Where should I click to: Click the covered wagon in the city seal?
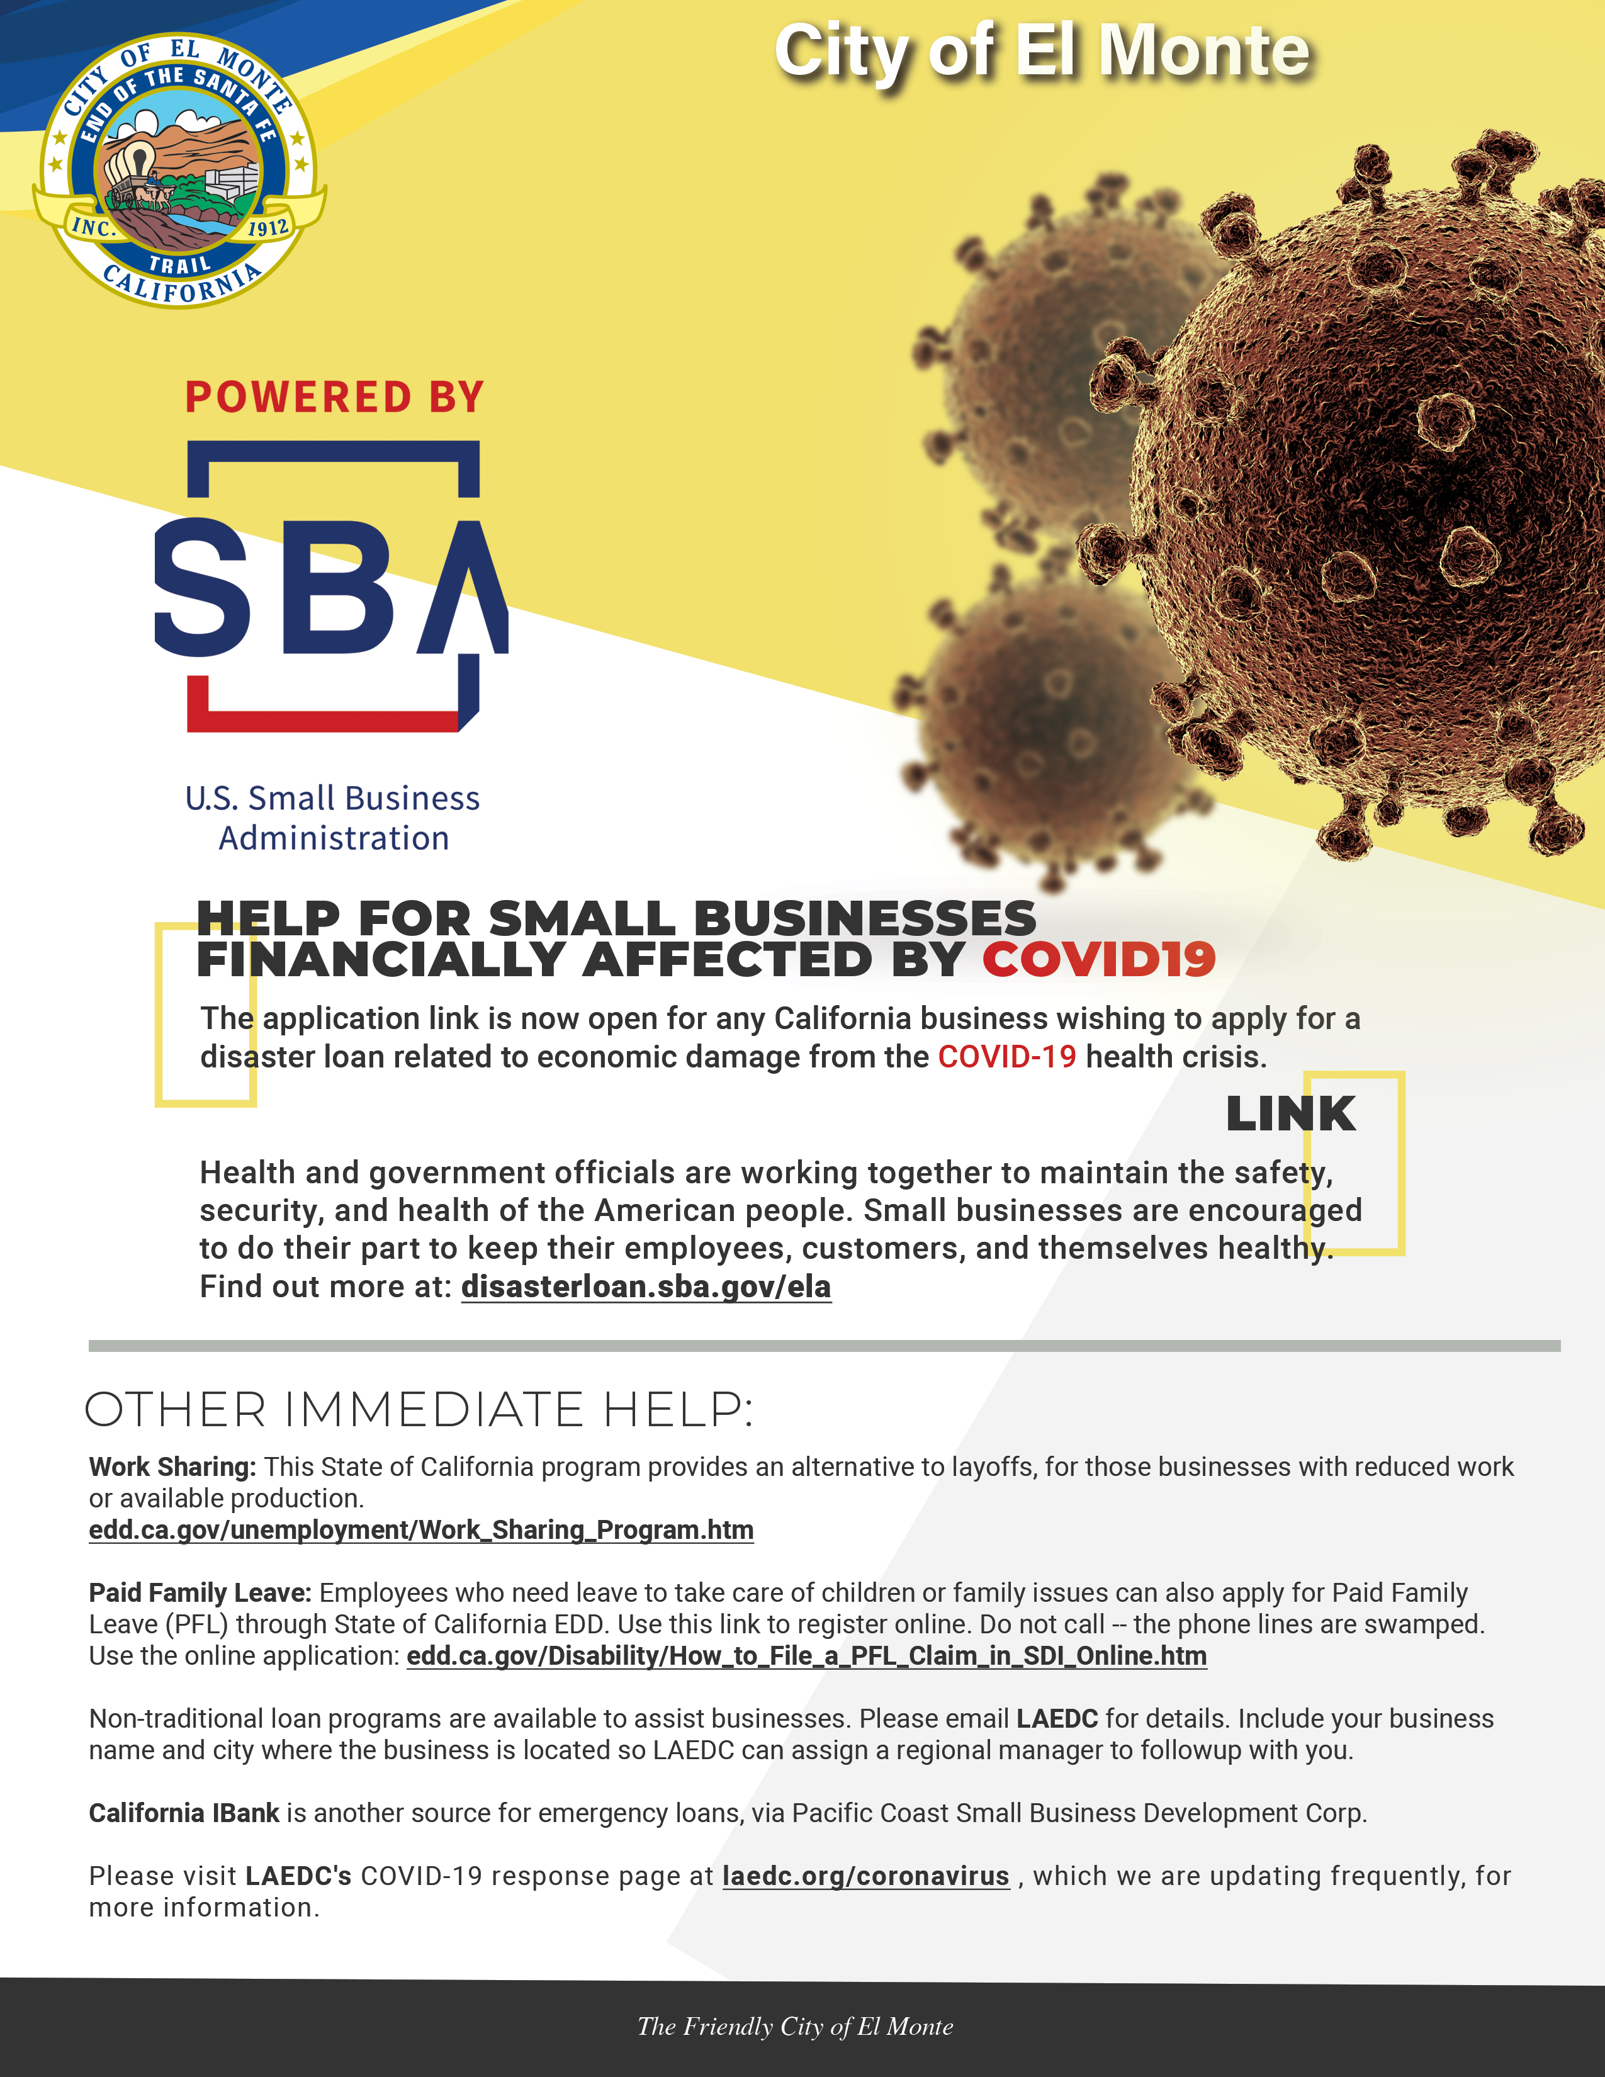(x=130, y=169)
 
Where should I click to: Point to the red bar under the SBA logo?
(x=324, y=721)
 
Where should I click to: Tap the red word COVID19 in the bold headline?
(x=1098, y=960)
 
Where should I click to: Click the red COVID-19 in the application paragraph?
(x=1007, y=1057)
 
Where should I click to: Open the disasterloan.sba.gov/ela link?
(x=646, y=1286)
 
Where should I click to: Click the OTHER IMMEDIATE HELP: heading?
(x=419, y=1409)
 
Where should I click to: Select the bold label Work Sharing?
(x=172, y=1466)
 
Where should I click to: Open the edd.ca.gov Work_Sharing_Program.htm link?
(x=421, y=1529)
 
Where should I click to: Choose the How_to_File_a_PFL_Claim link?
(x=806, y=1656)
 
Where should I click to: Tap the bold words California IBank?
(x=184, y=1813)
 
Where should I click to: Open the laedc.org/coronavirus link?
(x=865, y=1876)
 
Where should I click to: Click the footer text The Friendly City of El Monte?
(x=795, y=2027)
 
